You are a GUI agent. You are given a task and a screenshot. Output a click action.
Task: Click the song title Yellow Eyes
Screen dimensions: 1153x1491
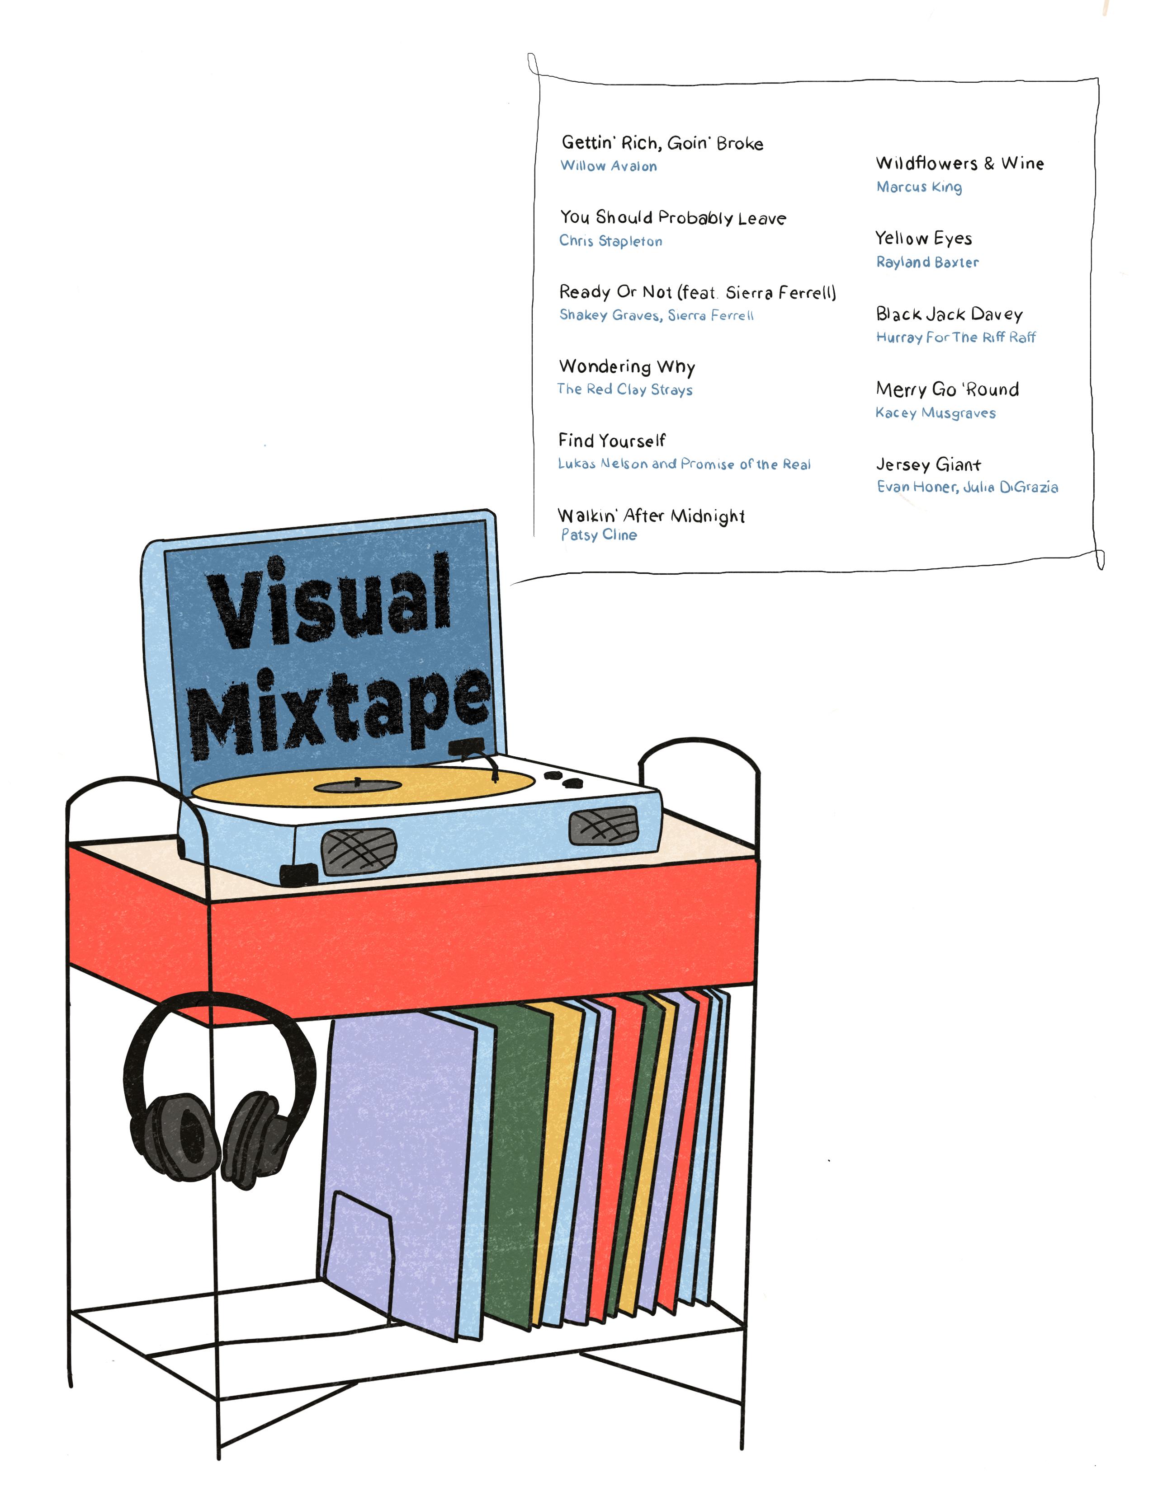(x=923, y=238)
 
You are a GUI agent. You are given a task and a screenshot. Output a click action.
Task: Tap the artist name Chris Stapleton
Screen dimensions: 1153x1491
(x=611, y=241)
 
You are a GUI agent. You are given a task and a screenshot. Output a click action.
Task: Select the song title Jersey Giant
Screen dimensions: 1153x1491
(x=928, y=465)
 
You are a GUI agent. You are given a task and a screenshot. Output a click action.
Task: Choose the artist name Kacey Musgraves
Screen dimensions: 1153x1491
(x=935, y=413)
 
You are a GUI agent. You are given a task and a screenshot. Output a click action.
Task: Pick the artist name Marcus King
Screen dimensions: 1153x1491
(x=919, y=187)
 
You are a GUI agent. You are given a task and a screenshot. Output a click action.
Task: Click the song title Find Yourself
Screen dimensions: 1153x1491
(x=611, y=441)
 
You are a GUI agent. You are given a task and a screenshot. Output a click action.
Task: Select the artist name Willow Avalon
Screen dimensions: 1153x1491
(x=609, y=166)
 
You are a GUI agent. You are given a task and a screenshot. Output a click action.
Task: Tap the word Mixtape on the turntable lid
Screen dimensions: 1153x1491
(x=340, y=710)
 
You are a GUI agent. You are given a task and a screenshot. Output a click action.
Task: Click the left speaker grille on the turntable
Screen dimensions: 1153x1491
(x=359, y=852)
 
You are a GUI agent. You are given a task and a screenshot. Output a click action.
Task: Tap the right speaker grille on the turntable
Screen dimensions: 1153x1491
(x=604, y=825)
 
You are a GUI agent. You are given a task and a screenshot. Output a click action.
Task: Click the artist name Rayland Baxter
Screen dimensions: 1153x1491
(x=927, y=262)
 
